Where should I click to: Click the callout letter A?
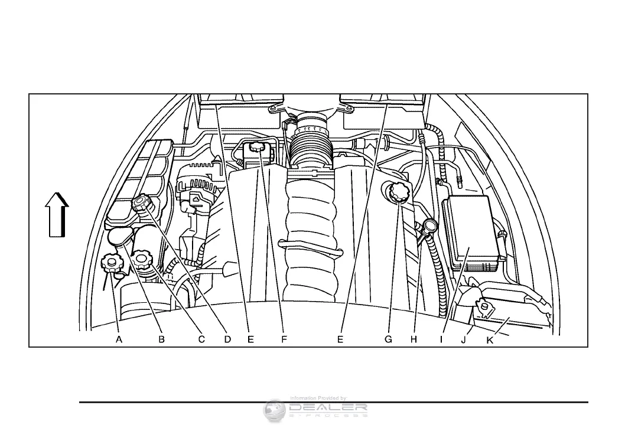119,339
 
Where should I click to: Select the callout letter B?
161,339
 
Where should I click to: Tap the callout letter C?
201,339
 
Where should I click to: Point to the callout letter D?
228,339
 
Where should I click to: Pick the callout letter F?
284,339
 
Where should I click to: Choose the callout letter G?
388,339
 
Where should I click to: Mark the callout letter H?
414,339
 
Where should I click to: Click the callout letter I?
441,339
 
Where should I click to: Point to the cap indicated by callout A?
111,261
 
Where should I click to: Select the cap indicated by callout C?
142,258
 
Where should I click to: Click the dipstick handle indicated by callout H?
429,225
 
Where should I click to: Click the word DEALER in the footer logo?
328,407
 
